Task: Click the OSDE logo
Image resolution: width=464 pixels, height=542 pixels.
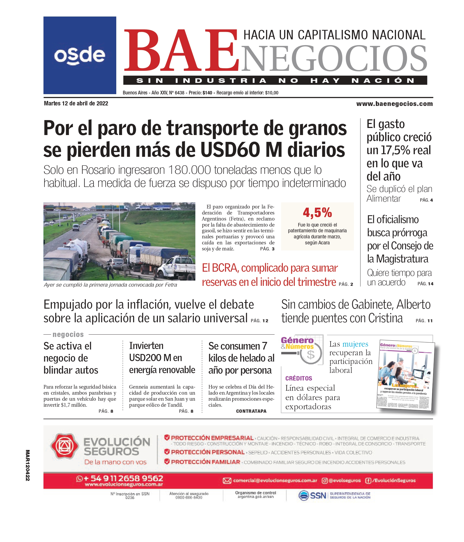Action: click(80, 55)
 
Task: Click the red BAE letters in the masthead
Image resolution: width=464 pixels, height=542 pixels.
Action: click(181, 51)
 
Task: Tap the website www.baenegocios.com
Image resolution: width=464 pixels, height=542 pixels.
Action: click(394, 104)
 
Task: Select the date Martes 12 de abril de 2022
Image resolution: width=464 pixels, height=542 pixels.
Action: click(76, 103)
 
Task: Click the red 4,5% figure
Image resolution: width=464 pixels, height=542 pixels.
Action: click(317, 212)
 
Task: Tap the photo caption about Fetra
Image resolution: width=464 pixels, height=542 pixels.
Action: click(110, 285)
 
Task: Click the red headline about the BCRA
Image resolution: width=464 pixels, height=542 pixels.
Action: click(270, 275)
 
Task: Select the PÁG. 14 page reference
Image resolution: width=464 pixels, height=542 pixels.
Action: click(425, 283)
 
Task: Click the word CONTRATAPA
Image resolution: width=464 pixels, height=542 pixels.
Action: click(251, 411)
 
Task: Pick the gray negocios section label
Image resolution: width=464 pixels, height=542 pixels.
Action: click(68, 334)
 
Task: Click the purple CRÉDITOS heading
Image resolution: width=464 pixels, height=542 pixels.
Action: click(299, 378)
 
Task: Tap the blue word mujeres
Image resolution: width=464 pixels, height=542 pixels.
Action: click(355, 344)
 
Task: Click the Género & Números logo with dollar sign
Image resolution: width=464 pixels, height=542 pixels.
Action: click(302, 349)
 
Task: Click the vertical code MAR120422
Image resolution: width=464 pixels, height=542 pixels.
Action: click(28, 465)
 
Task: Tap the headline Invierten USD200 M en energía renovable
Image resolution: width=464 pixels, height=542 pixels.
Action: click(162, 358)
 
